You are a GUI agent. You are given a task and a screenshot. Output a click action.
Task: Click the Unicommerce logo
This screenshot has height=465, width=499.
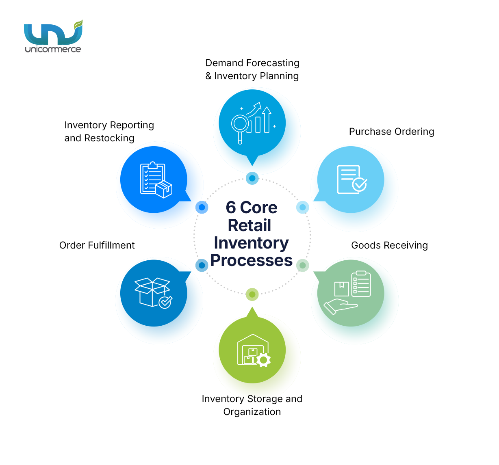click(53, 37)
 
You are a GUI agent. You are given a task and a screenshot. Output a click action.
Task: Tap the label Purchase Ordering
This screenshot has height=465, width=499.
click(391, 132)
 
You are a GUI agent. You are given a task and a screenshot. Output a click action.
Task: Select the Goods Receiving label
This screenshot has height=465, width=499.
click(389, 245)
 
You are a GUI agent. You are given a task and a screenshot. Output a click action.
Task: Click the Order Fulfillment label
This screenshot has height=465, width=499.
click(97, 245)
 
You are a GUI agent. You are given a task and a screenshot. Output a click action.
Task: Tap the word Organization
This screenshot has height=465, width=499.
click(252, 412)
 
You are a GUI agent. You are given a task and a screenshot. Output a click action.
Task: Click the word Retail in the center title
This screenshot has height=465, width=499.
click(249, 225)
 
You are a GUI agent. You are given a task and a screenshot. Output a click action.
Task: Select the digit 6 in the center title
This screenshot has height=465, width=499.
click(231, 208)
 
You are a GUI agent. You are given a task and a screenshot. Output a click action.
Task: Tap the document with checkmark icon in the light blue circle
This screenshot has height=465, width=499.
click(351, 180)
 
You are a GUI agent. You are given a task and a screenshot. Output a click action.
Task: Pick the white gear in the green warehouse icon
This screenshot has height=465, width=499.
click(264, 359)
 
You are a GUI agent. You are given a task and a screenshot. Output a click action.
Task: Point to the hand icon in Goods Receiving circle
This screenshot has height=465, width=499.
click(340, 306)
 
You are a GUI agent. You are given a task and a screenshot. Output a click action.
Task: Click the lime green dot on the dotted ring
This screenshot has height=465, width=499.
click(252, 294)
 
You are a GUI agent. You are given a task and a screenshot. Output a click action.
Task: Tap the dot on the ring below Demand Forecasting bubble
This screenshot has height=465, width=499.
click(252, 178)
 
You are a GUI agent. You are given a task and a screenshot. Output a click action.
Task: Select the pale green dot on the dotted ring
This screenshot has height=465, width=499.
click(302, 266)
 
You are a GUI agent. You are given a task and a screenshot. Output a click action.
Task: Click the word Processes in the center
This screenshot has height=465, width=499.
click(252, 260)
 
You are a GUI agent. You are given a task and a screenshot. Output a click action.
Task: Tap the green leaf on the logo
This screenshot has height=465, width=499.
click(78, 25)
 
